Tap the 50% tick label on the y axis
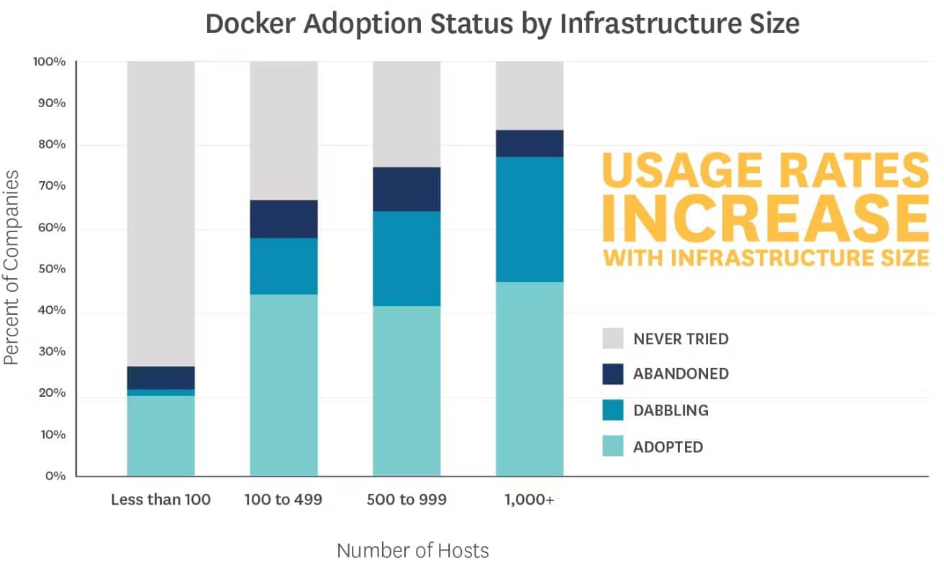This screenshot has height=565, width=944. [50, 269]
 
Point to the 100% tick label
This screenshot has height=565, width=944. [50, 62]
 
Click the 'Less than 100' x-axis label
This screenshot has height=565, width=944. [160, 500]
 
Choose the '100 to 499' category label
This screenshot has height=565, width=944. [283, 500]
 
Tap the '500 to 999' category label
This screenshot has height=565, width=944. [407, 500]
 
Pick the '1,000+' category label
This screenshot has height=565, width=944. [530, 500]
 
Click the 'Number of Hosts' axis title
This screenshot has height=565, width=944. [413, 551]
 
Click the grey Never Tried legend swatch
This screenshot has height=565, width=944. [613, 339]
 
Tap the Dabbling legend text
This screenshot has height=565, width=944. [671, 410]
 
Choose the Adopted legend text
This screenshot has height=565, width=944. [668, 447]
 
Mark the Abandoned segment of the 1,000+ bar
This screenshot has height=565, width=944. [530, 143]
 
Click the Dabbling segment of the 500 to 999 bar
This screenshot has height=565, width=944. [407, 259]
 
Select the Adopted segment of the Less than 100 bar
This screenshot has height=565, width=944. [160, 436]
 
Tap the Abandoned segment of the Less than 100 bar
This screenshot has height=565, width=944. [160, 378]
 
